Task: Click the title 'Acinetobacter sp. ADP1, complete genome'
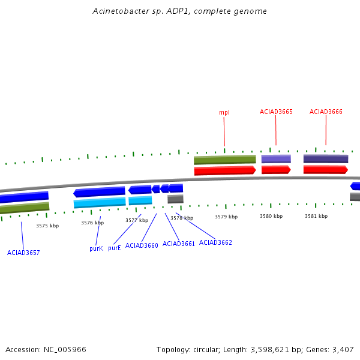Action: [180, 11]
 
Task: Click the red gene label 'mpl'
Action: [224, 112]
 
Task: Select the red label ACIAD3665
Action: [276, 112]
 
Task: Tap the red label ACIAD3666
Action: [326, 112]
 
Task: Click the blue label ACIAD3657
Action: [23, 253]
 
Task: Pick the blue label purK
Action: [96, 248]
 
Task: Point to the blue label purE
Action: [115, 248]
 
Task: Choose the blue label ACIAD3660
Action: [142, 245]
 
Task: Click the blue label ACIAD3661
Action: [179, 244]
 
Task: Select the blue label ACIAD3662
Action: [215, 242]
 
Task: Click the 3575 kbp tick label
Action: [47, 226]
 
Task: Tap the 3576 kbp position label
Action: [92, 223]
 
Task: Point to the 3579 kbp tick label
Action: [226, 217]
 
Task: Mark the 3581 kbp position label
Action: [316, 216]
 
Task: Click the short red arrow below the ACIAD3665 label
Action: [276, 170]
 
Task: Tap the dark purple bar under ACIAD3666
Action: [326, 159]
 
